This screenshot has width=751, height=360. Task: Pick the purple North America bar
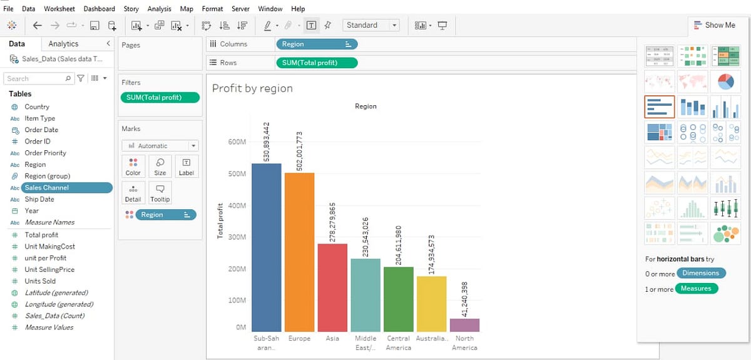[464, 325]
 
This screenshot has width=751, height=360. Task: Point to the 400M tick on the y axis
[237, 205]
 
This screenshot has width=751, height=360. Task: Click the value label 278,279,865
[332, 222]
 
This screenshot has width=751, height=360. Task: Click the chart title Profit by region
[252, 88]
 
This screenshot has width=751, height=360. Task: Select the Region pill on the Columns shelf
[316, 44]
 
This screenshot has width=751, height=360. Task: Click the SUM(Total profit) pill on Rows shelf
[316, 63]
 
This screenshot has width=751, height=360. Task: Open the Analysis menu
[159, 9]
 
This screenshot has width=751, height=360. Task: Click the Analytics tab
[63, 44]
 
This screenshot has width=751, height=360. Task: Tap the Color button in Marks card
[133, 167]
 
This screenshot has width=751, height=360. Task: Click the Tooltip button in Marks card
[160, 192]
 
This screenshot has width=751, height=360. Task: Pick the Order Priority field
[45, 153]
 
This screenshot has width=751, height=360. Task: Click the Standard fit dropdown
[370, 25]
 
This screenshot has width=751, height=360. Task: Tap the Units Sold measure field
[40, 281]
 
